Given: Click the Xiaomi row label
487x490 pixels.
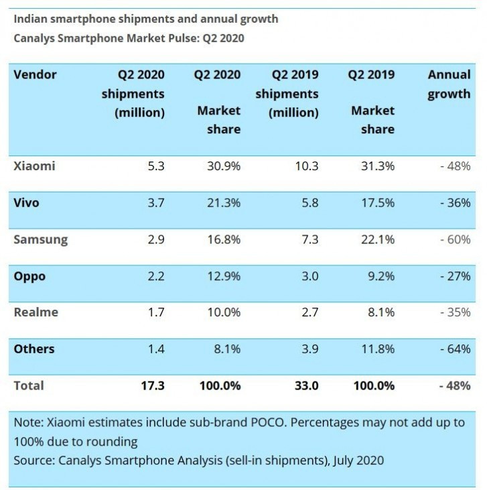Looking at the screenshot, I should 34,166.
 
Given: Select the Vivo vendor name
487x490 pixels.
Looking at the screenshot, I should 27,202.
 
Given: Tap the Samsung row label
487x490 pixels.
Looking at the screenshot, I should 40,239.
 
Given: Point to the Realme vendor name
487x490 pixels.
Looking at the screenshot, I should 36,312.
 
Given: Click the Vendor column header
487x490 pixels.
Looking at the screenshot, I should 35,74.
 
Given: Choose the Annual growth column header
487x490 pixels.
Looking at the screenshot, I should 449,84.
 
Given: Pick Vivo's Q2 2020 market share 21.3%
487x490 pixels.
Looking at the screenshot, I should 224,202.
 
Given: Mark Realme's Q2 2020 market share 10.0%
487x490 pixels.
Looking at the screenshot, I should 224,312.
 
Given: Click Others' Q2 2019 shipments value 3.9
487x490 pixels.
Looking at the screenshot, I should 309,349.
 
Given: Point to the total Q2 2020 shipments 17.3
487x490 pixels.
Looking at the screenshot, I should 153,385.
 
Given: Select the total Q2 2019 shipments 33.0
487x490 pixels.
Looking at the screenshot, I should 305,385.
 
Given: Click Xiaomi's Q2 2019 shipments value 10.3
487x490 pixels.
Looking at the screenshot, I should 306,166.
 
